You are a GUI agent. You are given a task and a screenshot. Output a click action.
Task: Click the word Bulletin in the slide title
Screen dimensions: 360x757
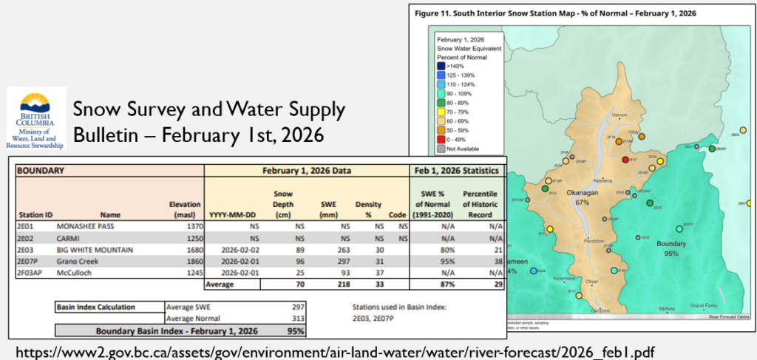coord(108,135)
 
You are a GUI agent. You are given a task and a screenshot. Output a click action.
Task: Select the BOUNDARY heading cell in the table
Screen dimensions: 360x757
coord(44,170)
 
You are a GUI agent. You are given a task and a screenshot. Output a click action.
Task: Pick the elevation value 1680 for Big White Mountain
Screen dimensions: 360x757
coord(189,250)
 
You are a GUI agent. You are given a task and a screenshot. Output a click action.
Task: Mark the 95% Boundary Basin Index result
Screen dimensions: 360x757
coord(296,330)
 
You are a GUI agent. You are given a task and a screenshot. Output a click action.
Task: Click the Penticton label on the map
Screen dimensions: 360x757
coord(595,241)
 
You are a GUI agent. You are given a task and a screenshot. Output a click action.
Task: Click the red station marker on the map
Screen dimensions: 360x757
coord(626,160)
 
